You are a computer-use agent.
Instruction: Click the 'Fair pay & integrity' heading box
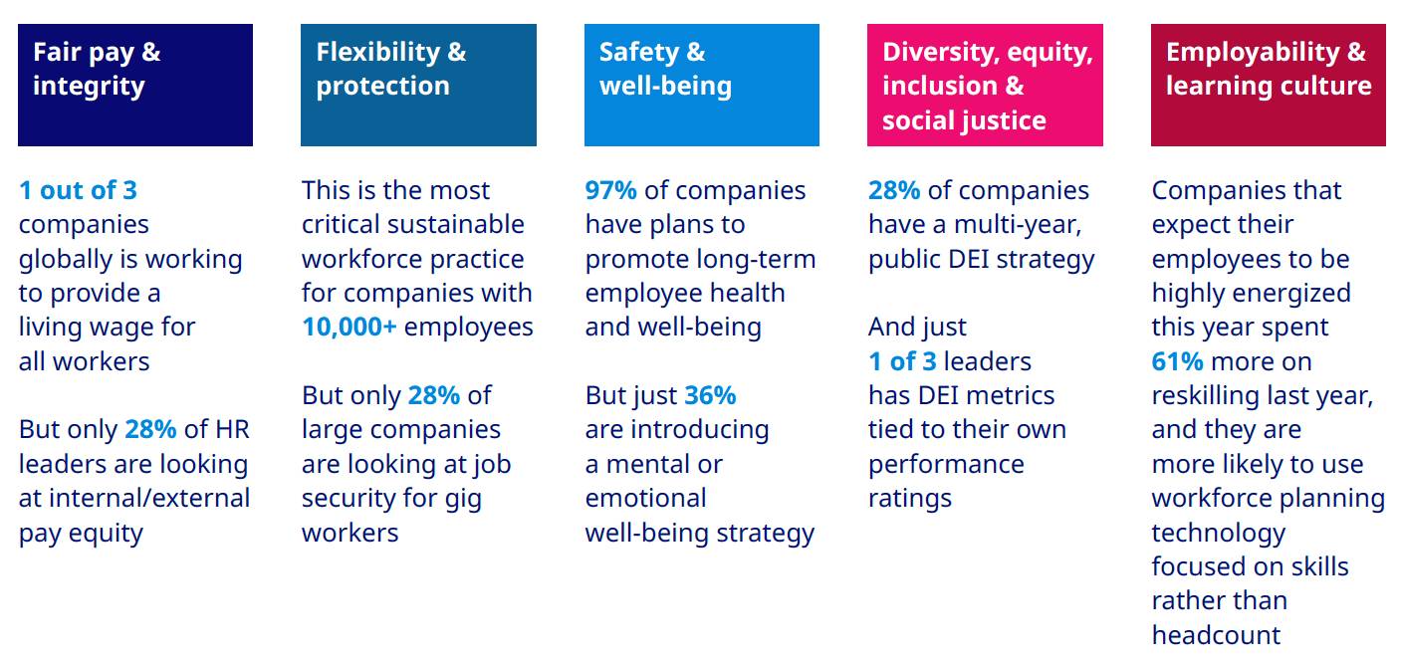point(135,86)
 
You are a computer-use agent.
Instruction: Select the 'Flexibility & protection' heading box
point(418,86)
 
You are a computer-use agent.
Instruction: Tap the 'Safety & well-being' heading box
point(701,86)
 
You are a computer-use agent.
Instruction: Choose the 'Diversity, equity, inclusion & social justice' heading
point(985,86)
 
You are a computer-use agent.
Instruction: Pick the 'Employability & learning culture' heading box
point(1268,86)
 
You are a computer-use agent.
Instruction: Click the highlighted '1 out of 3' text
point(78,190)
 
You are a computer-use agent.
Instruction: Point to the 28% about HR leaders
point(150,429)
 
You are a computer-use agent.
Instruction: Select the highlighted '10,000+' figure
point(349,327)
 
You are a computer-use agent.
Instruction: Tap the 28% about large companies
point(433,395)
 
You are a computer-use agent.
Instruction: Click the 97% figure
point(610,190)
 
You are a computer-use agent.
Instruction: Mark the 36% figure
point(710,395)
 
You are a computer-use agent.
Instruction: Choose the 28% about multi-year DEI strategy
point(894,190)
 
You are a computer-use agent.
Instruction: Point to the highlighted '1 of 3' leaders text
point(902,361)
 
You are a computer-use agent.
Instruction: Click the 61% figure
point(1177,361)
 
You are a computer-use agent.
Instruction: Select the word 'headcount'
point(1216,635)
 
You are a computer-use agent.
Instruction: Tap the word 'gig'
point(458,498)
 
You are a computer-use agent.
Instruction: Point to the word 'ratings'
point(910,498)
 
